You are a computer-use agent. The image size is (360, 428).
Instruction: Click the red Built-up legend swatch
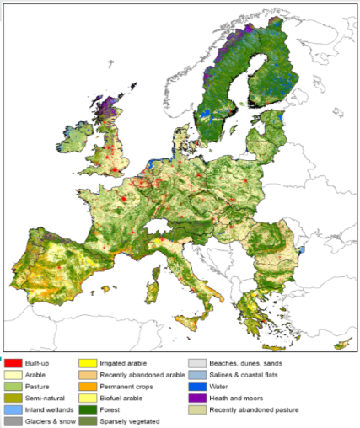(13, 361)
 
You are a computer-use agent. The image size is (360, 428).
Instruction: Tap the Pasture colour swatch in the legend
(13, 385)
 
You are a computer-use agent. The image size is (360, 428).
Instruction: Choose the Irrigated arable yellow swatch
(86, 361)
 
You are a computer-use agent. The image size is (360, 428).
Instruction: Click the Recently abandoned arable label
(142, 373)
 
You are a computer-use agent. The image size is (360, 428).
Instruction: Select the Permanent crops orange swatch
(86, 385)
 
